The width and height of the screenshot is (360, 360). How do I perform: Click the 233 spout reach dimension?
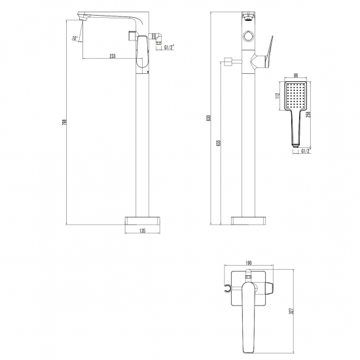coord(113,57)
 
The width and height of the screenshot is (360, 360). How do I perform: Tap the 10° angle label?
coord(77,39)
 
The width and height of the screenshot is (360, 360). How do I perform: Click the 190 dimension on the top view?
coord(248,263)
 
